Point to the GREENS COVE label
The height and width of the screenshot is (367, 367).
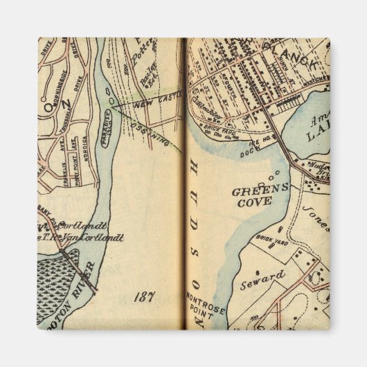coord(253,195)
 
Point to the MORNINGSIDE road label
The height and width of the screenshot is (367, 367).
coord(53,69)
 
